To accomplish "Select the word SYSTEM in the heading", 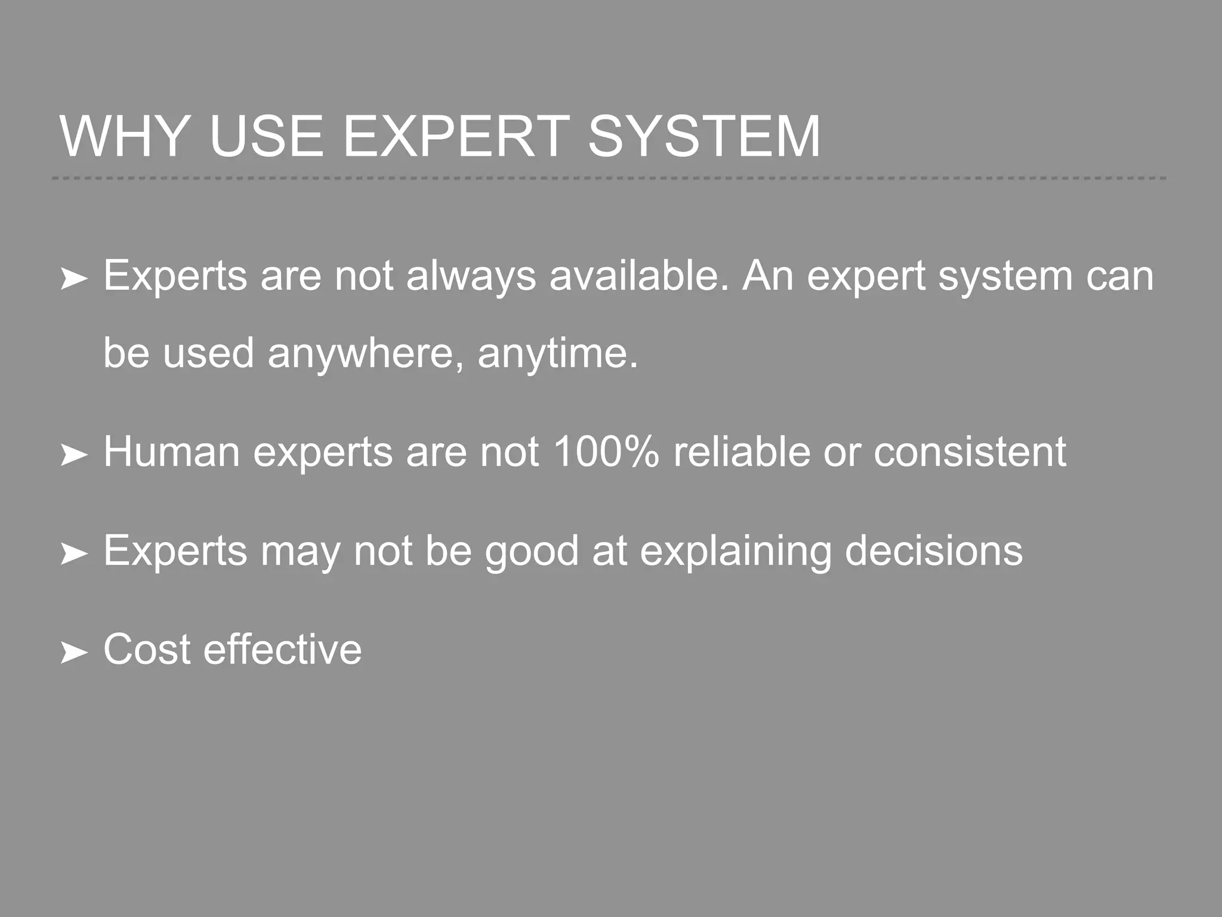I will point(703,137).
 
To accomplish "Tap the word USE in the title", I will point(266,137).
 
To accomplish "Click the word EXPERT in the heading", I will point(456,137).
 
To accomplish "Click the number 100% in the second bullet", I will point(606,451).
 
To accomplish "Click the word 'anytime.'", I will point(558,353).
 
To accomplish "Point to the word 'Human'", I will point(172,451).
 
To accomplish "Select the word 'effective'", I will point(283,649).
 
